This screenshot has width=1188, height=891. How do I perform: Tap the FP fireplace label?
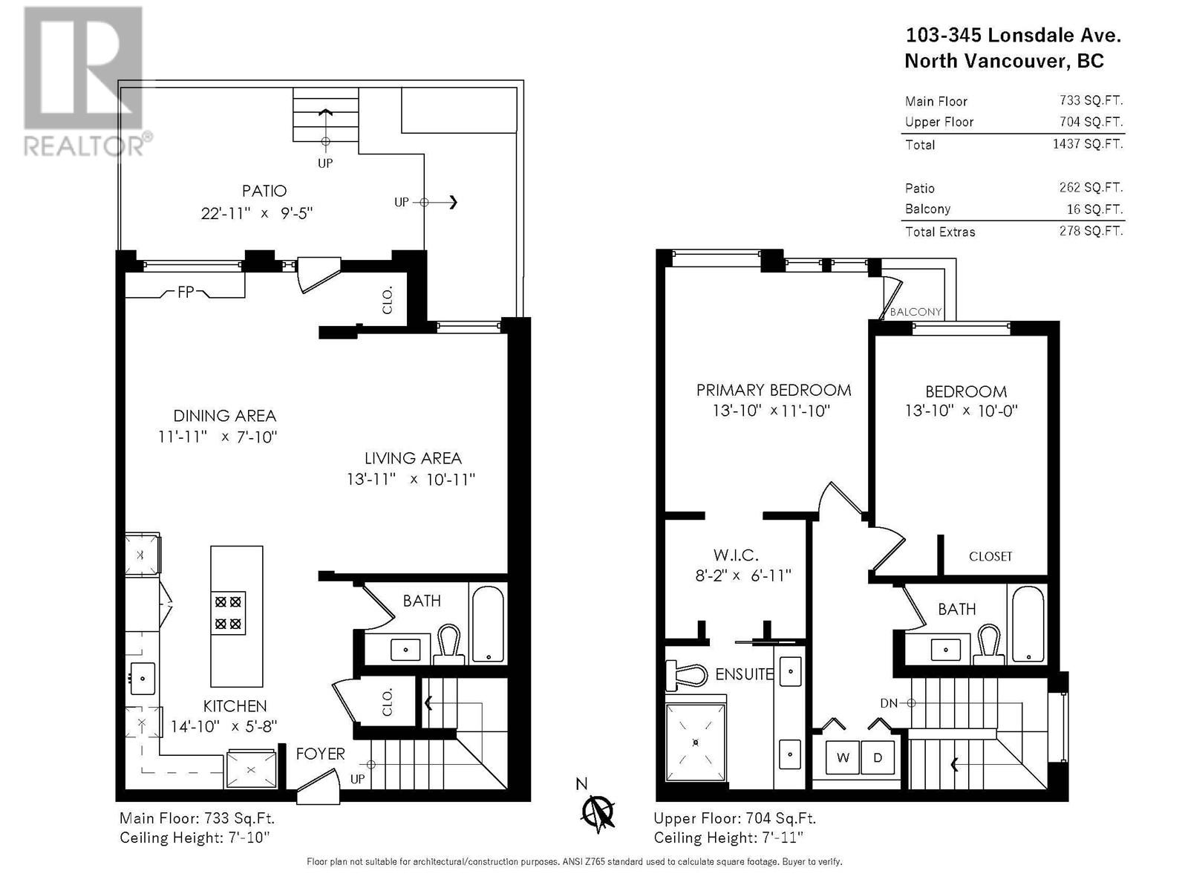pos(186,293)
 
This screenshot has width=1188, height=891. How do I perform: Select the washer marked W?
pos(842,757)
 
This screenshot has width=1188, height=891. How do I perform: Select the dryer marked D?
pos(878,757)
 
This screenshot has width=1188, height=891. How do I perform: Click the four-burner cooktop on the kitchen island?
pos(228,613)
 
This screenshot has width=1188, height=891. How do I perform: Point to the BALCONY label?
pos(916,312)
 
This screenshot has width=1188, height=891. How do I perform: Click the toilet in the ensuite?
pos(686,676)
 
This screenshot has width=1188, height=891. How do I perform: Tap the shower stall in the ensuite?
pos(696,742)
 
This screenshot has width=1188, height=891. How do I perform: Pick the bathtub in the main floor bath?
pos(488,624)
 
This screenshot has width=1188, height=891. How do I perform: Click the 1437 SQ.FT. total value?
pos(1088,144)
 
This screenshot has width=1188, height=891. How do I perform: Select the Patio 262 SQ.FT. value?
pos(1091,187)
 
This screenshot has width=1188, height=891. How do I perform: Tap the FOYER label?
pos(321,754)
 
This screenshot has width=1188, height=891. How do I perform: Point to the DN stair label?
pos(889,703)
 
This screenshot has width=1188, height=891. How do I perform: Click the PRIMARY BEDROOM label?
pos(774,390)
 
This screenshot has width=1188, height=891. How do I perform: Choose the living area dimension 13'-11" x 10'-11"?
pos(411,480)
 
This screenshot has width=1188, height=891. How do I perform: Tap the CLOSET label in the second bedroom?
pos(990,556)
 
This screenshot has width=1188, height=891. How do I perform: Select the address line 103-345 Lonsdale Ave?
pos(1014,35)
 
